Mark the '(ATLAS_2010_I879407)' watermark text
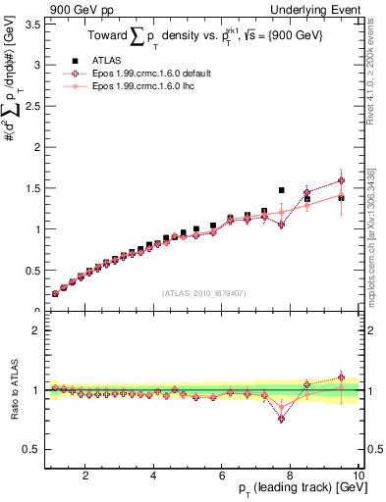pos(203,293)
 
